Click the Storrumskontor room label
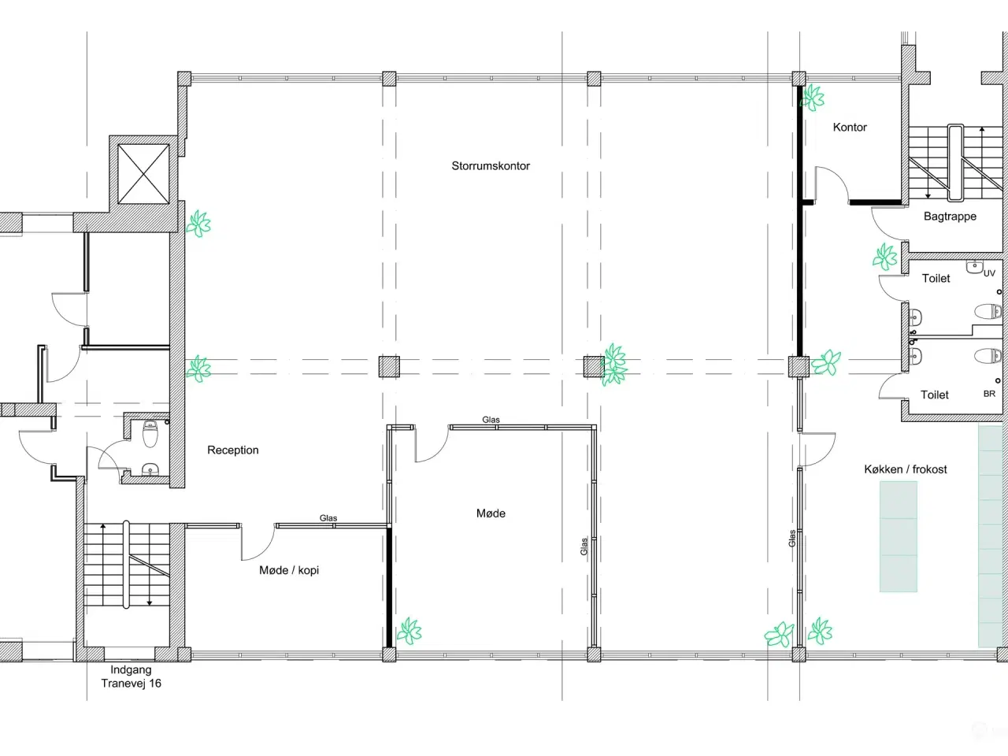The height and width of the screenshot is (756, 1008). tap(491, 165)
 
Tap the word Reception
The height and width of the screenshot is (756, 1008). tap(233, 450)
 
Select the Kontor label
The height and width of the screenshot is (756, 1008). tap(850, 127)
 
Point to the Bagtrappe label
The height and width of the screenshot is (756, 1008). tap(950, 217)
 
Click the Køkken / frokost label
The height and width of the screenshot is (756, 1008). tap(905, 469)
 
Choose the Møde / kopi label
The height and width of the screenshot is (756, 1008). tap(289, 570)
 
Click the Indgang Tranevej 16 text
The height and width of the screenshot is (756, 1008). tap(131, 676)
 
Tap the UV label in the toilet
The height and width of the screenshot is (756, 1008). tap(989, 273)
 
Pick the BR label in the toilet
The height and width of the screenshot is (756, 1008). tap(989, 394)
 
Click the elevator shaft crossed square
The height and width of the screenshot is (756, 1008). tap(143, 173)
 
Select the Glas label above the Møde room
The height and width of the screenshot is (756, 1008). tap(491, 420)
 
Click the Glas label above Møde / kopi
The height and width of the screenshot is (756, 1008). tap(328, 517)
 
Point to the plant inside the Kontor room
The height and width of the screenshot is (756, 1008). tap(813, 98)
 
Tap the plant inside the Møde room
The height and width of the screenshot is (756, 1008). tap(409, 631)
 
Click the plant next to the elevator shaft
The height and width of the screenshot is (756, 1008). tap(198, 224)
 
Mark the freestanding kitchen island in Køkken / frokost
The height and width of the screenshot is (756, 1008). tap(899, 536)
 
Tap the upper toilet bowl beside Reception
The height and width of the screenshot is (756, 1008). tap(150, 433)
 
